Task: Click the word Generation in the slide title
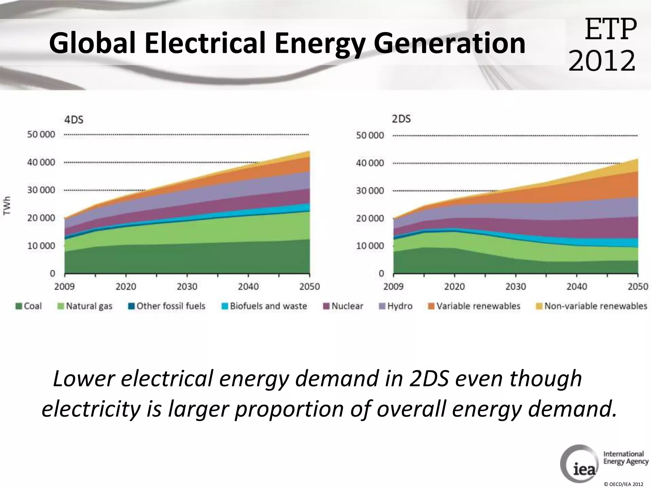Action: (x=449, y=44)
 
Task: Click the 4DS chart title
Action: (x=74, y=120)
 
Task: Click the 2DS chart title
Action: (x=401, y=119)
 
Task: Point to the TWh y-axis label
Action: (x=7, y=206)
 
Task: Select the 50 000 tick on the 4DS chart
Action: (x=41, y=134)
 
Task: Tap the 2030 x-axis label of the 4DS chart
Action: (x=187, y=287)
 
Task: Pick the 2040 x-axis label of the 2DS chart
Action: (x=577, y=287)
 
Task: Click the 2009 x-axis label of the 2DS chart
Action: (x=393, y=287)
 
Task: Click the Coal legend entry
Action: (x=29, y=306)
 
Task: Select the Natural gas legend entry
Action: (x=85, y=306)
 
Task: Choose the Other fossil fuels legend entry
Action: (x=167, y=306)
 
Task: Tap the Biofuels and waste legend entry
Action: (x=264, y=306)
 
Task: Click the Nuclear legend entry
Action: (x=343, y=306)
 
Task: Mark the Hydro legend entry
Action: (x=396, y=306)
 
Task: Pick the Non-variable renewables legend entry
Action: (x=592, y=306)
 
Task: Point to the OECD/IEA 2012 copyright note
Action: (x=623, y=484)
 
